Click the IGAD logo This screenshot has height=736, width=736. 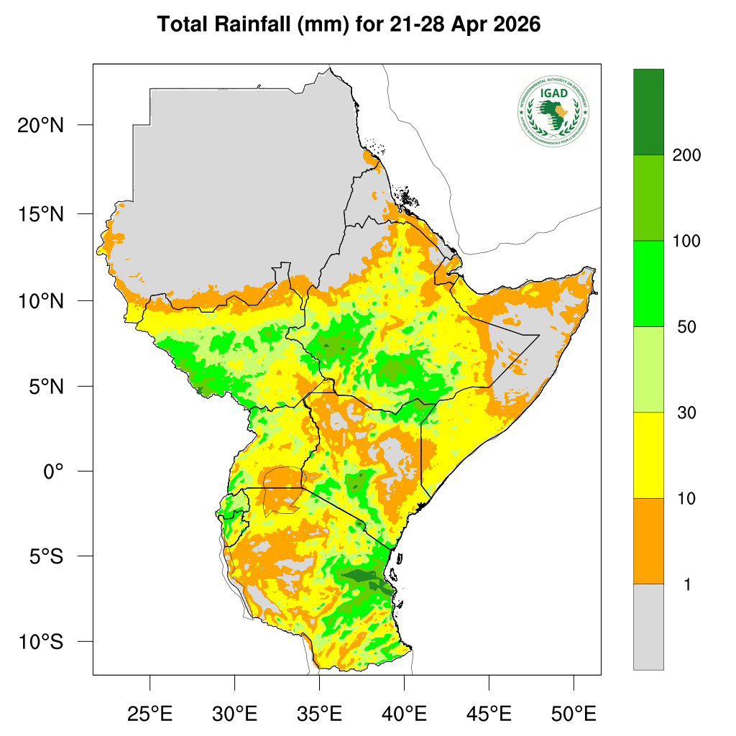point(553,111)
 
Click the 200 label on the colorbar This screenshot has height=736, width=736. point(686,155)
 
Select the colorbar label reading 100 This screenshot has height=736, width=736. point(686,241)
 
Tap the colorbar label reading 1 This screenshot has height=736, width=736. point(687,585)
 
